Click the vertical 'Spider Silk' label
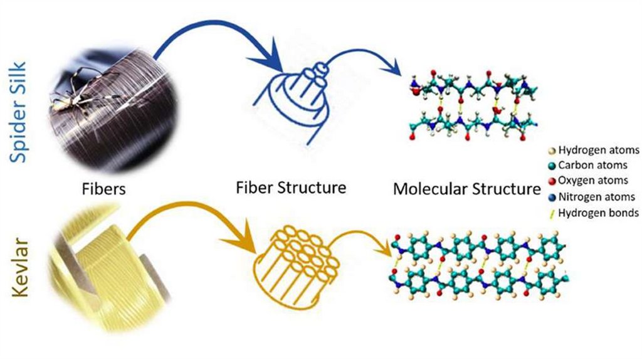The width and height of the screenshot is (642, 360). pyautogui.click(x=19, y=112)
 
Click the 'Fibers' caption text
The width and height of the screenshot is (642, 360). pyautogui.click(x=105, y=189)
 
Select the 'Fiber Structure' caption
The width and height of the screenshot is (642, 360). pyautogui.click(x=291, y=187)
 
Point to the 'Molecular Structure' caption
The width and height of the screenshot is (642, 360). pyautogui.click(x=466, y=189)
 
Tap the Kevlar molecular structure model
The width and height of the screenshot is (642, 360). pyautogui.click(x=480, y=267)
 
